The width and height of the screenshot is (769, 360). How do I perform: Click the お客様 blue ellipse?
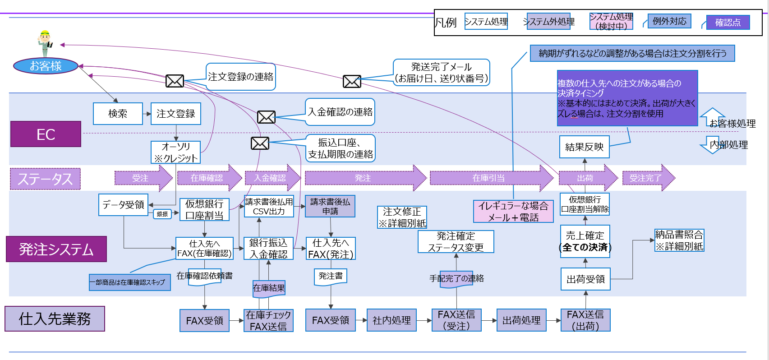[46, 66]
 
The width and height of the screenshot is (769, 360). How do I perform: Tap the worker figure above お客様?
[45, 43]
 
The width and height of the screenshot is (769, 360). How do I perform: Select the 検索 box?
[118, 114]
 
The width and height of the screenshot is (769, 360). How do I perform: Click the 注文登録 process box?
[175, 114]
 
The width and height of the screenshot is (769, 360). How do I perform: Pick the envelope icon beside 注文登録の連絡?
[175, 81]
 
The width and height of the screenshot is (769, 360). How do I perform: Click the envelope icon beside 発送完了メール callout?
[352, 81]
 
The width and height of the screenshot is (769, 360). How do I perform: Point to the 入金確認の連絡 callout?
[340, 112]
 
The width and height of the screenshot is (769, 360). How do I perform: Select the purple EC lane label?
[46, 134]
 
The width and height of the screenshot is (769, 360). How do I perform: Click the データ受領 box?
[123, 205]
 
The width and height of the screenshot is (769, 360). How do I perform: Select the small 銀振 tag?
[162, 214]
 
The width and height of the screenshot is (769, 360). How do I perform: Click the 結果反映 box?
[584, 147]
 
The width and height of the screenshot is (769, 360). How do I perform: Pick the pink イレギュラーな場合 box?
[513, 212]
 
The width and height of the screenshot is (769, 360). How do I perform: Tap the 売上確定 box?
[585, 241]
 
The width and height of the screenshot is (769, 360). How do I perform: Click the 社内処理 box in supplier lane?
[391, 320]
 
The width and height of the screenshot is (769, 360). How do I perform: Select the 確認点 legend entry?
[728, 23]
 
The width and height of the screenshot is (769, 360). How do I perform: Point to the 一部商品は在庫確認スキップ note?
[130, 282]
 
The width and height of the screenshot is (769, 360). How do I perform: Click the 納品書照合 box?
[679, 240]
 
